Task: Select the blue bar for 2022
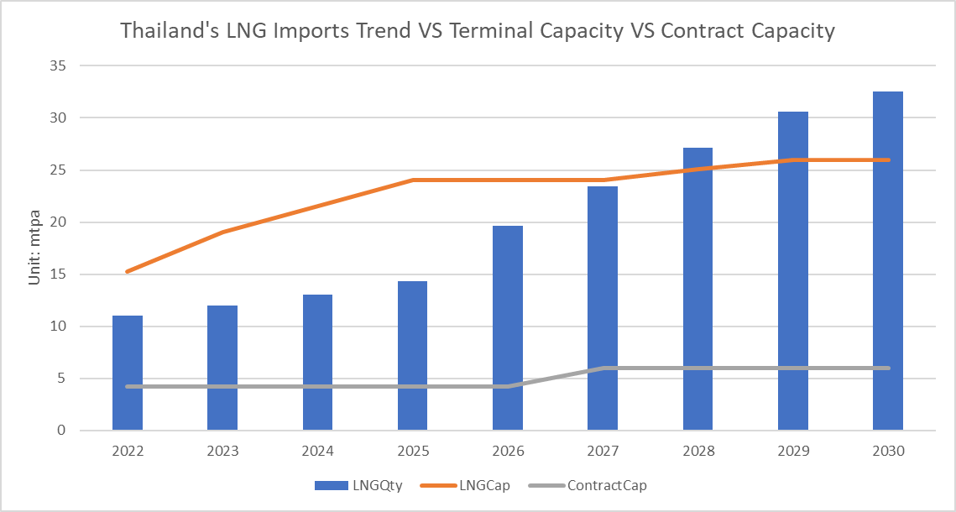point(128,373)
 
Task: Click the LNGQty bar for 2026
point(508,327)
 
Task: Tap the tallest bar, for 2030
point(888,260)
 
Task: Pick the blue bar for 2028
point(697,289)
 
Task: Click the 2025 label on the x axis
point(413,452)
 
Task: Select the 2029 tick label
point(793,452)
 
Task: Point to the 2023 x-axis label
point(222,452)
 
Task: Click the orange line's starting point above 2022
point(128,271)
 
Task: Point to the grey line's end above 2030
point(888,368)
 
